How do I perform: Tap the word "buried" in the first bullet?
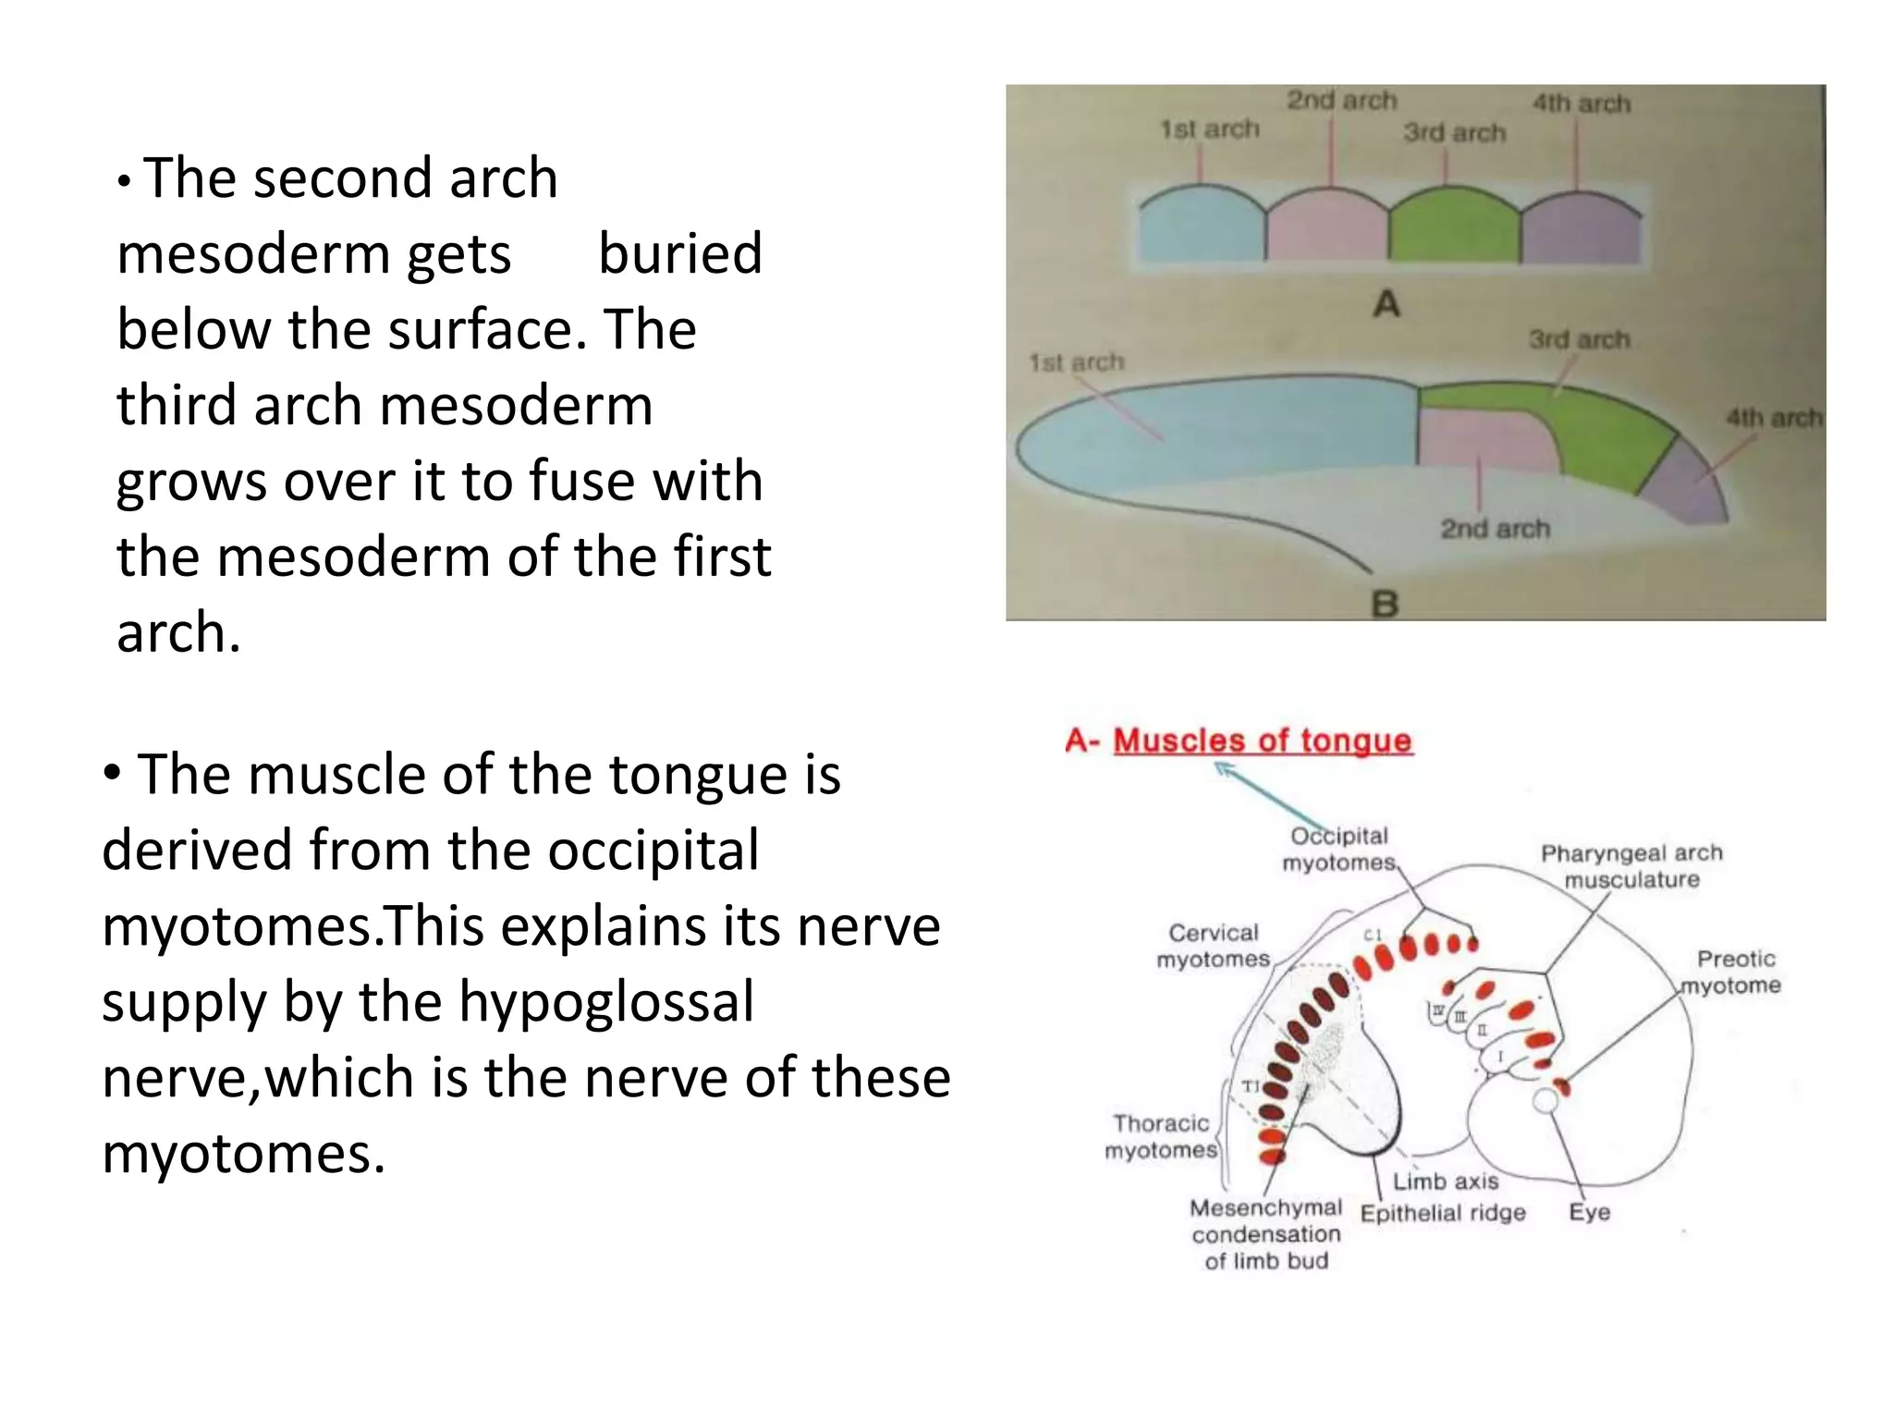680,253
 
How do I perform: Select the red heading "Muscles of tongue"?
1263,741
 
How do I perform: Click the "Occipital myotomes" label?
1338,849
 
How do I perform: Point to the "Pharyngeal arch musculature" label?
1631,866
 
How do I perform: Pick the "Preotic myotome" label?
1731,972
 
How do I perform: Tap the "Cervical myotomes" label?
1213,946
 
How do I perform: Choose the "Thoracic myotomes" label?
1161,1136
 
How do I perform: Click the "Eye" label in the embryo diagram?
1590,1212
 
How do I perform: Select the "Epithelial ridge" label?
1443,1213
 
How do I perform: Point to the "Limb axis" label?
1446,1181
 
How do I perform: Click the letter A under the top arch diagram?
1386,304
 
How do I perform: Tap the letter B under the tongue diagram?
1385,604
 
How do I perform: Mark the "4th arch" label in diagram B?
1773,418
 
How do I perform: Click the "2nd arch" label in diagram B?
1495,529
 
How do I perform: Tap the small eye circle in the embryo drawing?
1545,1100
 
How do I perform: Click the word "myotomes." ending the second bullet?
243,1154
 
